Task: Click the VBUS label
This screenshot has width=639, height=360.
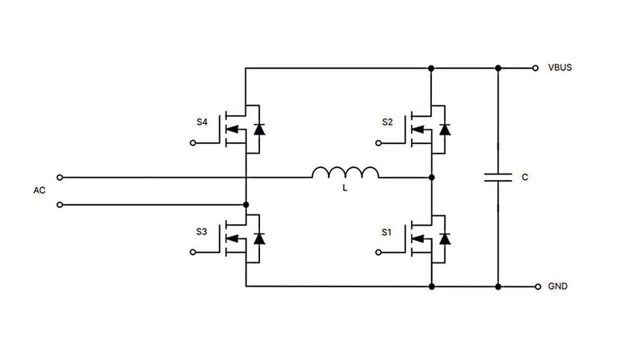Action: pyautogui.click(x=560, y=68)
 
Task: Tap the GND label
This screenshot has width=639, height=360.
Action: pyautogui.click(x=557, y=286)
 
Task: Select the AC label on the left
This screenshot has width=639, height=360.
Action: pyautogui.click(x=38, y=190)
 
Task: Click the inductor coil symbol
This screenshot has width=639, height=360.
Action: pyautogui.click(x=345, y=173)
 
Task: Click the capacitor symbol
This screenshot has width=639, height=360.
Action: pyautogui.click(x=497, y=177)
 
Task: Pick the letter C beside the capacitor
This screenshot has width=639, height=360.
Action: pyautogui.click(x=524, y=178)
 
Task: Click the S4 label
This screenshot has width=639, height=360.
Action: pyautogui.click(x=202, y=122)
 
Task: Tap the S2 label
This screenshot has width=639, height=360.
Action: pyautogui.click(x=388, y=122)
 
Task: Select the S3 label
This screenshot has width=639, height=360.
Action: pyautogui.click(x=202, y=232)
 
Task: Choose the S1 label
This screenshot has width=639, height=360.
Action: pyautogui.click(x=388, y=232)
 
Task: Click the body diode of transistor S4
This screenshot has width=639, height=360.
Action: pyautogui.click(x=258, y=128)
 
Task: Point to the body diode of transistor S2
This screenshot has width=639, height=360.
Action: pyautogui.click(x=445, y=128)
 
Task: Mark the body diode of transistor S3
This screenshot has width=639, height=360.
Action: pyautogui.click(x=258, y=238)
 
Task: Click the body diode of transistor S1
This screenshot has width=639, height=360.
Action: pyautogui.click(x=445, y=238)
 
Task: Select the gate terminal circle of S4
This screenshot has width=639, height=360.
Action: pyautogui.click(x=194, y=143)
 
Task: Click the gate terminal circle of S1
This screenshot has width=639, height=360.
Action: pyautogui.click(x=380, y=253)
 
